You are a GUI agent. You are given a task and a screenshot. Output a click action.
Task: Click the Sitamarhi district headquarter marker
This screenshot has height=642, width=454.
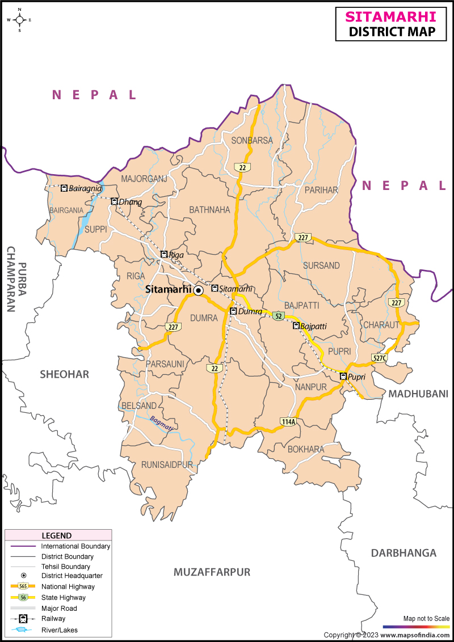tap(198, 290)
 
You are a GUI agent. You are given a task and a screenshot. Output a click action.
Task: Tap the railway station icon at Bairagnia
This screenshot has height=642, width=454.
tap(64, 188)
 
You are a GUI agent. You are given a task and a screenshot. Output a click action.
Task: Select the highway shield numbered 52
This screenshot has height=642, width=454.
tap(278, 316)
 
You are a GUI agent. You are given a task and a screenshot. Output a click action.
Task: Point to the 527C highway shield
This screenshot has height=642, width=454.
tap(380, 358)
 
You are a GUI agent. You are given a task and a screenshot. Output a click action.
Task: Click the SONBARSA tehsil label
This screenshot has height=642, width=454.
tap(252, 141)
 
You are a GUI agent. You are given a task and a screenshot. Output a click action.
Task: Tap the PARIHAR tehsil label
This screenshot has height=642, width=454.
tap(321, 190)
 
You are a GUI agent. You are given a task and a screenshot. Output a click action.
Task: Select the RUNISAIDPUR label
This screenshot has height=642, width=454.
tap(167, 464)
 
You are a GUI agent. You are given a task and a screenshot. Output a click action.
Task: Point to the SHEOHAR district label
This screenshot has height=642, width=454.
tap(64, 374)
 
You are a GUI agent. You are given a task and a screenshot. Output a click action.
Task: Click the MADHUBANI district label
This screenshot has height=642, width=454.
tap(419, 394)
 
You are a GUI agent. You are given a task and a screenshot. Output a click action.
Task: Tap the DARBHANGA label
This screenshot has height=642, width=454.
tap(403, 553)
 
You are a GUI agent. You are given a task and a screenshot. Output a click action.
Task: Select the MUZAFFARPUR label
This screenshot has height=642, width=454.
tap(212, 572)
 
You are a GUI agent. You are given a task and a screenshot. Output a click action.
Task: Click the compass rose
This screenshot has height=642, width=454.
tap(20, 20)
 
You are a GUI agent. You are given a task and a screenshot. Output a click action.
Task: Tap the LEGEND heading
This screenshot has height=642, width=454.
tap(57, 535)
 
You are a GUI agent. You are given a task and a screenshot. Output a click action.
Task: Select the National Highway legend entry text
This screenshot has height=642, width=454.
tap(68, 587)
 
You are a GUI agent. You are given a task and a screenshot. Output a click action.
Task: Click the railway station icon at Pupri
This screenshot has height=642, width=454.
tap(343, 377)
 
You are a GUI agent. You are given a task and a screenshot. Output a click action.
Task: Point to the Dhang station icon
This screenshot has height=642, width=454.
tap(114, 201)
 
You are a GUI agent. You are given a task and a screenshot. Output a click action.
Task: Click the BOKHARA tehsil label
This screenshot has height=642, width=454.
tap(306, 449)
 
